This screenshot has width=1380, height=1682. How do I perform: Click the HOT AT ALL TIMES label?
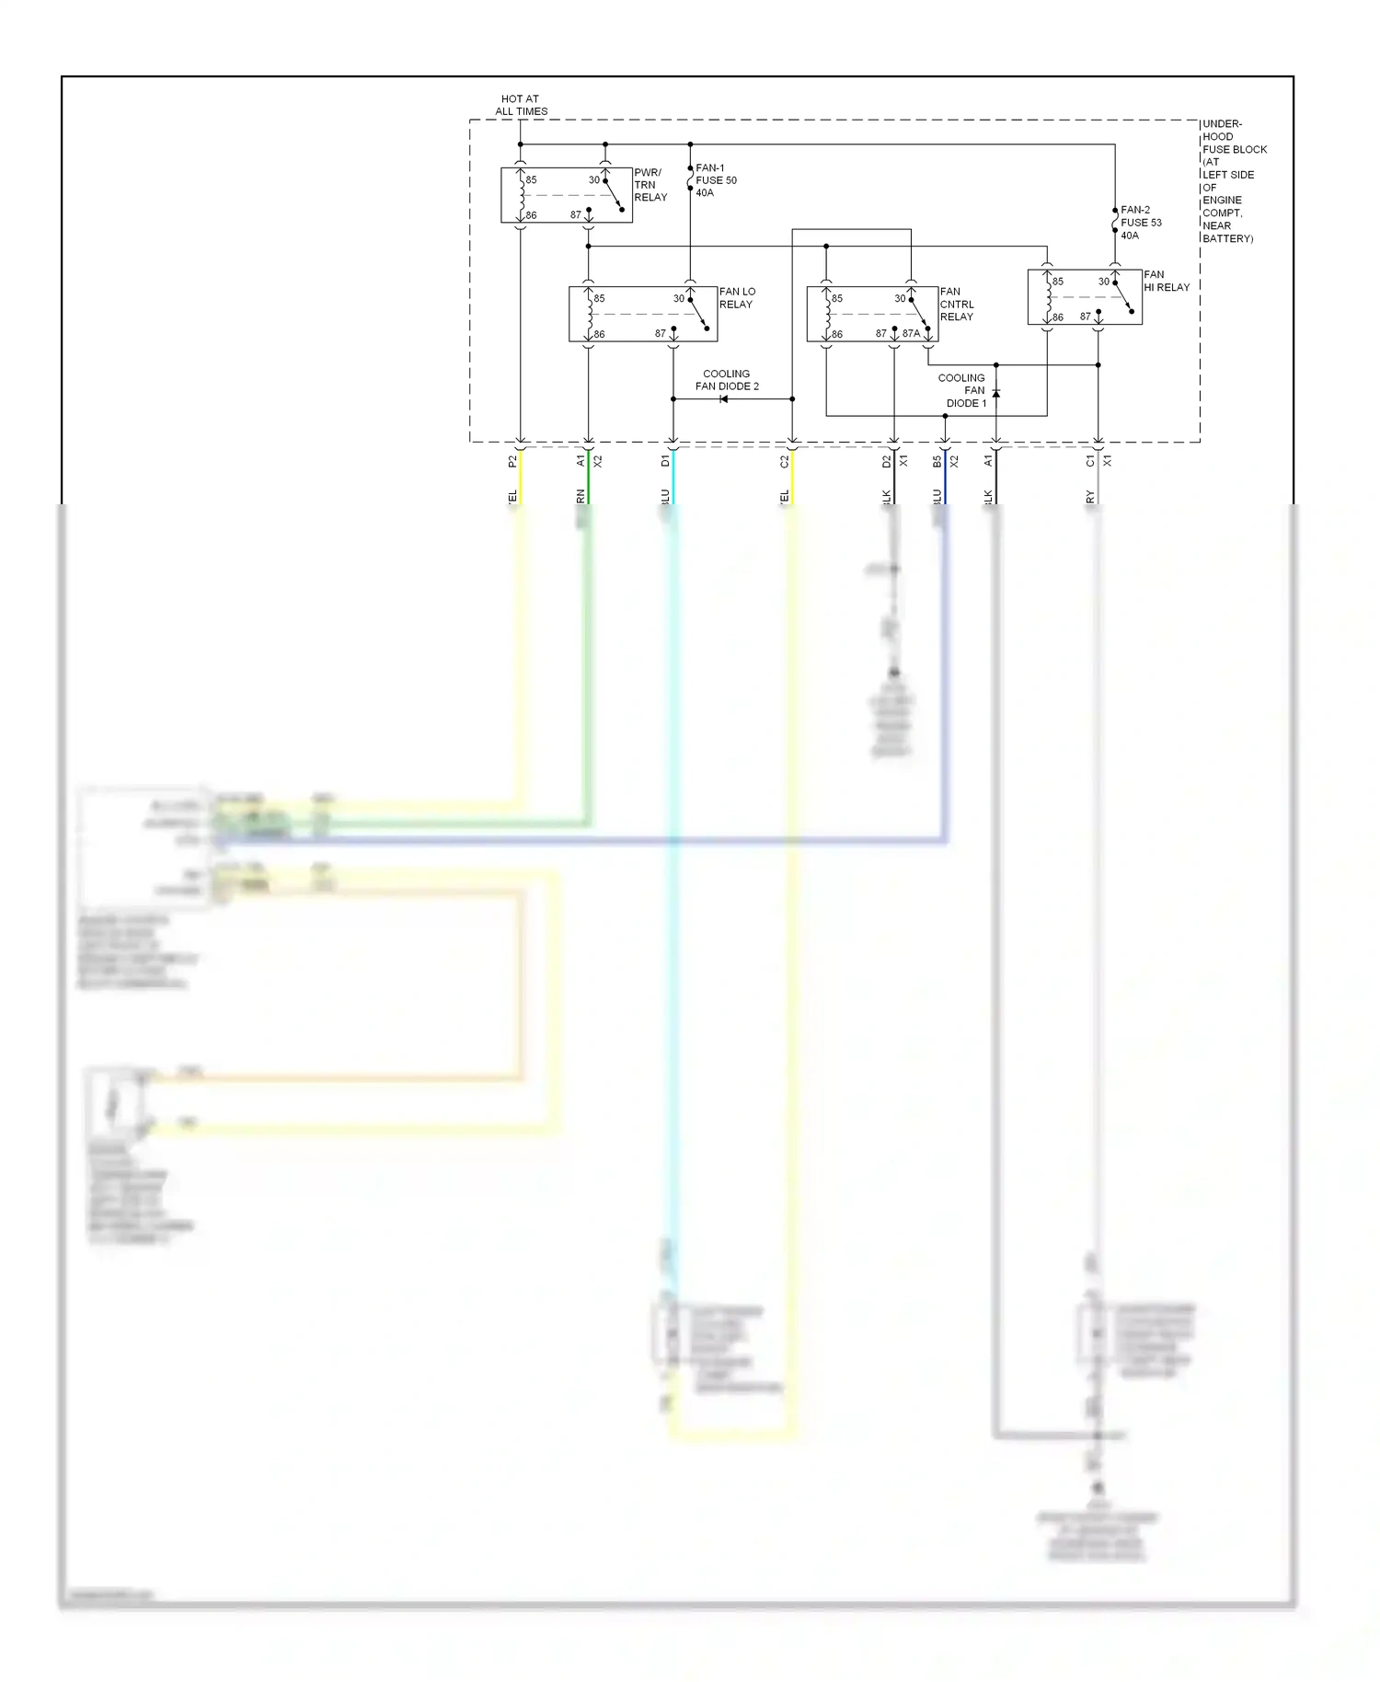(x=521, y=105)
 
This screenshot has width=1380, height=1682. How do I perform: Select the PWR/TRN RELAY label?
(x=650, y=185)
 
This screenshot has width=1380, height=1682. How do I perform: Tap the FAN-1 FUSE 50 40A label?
(x=716, y=180)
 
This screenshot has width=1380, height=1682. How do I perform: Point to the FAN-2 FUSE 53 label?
(x=1141, y=223)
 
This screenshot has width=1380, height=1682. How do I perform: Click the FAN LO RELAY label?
(x=736, y=298)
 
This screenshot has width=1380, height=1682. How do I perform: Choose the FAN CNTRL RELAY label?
(x=956, y=304)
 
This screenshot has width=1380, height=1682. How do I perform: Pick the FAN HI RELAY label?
(x=1166, y=281)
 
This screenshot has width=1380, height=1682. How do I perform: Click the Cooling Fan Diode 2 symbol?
(x=724, y=399)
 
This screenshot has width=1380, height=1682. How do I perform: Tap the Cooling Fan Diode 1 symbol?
(x=995, y=393)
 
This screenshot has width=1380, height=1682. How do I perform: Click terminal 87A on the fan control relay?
(x=911, y=334)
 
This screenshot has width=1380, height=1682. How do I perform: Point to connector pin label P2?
(x=512, y=461)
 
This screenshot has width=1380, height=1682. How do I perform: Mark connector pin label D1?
(x=665, y=461)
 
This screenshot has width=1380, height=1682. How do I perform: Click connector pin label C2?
(x=785, y=461)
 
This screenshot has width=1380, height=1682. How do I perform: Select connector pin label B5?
(x=937, y=461)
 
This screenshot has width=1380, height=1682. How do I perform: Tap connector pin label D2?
(x=887, y=461)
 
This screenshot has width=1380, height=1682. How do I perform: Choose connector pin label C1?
(x=1090, y=461)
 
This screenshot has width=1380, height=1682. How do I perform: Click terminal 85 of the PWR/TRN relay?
(x=531, y=180)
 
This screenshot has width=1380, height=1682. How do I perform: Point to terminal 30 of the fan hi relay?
(x=1103, y=282)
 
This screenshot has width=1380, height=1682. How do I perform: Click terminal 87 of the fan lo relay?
(x=660, y=334)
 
